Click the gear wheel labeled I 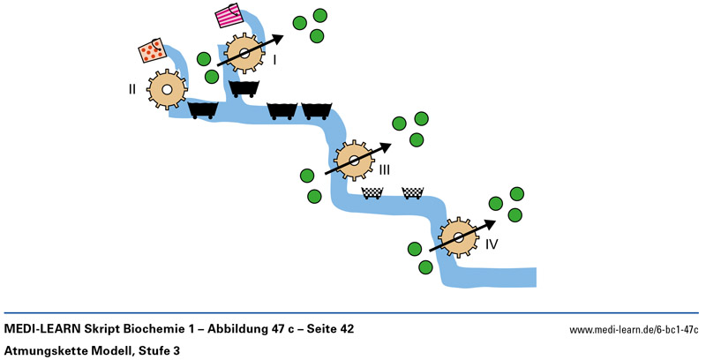click(x=244, y=54)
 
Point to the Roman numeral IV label click(x=492, y=243)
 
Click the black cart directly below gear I click(x=244, y=87)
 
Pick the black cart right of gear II click(x=204, y=109)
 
